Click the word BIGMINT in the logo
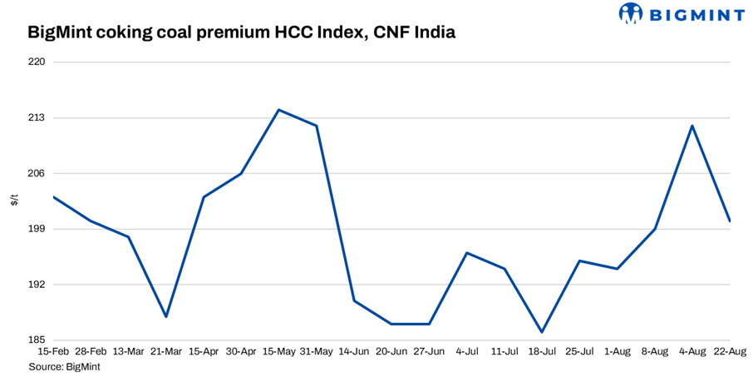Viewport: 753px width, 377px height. coord(696,13)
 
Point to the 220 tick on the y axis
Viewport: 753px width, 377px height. coord(36,62)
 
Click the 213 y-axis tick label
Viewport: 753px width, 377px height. coord(36,118)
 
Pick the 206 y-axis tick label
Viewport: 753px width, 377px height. coord(36,174)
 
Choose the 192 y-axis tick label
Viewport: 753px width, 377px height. coord(36,285)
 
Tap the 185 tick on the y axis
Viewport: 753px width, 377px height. coord(36,340)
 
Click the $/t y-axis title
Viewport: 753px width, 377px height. coord(14,201)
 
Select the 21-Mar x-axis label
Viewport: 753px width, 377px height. coord(166,352)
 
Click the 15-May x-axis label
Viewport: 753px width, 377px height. coord(278,352)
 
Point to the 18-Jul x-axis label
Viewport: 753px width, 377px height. coord(542,352)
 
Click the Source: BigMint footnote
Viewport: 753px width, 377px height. coord(65,366)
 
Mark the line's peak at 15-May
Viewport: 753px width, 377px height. coord(278,110)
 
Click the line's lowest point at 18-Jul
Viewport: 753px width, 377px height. coord(542,332)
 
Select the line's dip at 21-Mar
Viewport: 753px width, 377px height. coord(166,316)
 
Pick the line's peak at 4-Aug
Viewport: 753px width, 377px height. coord(692,126)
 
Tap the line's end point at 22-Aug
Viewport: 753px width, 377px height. coord(730,221)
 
